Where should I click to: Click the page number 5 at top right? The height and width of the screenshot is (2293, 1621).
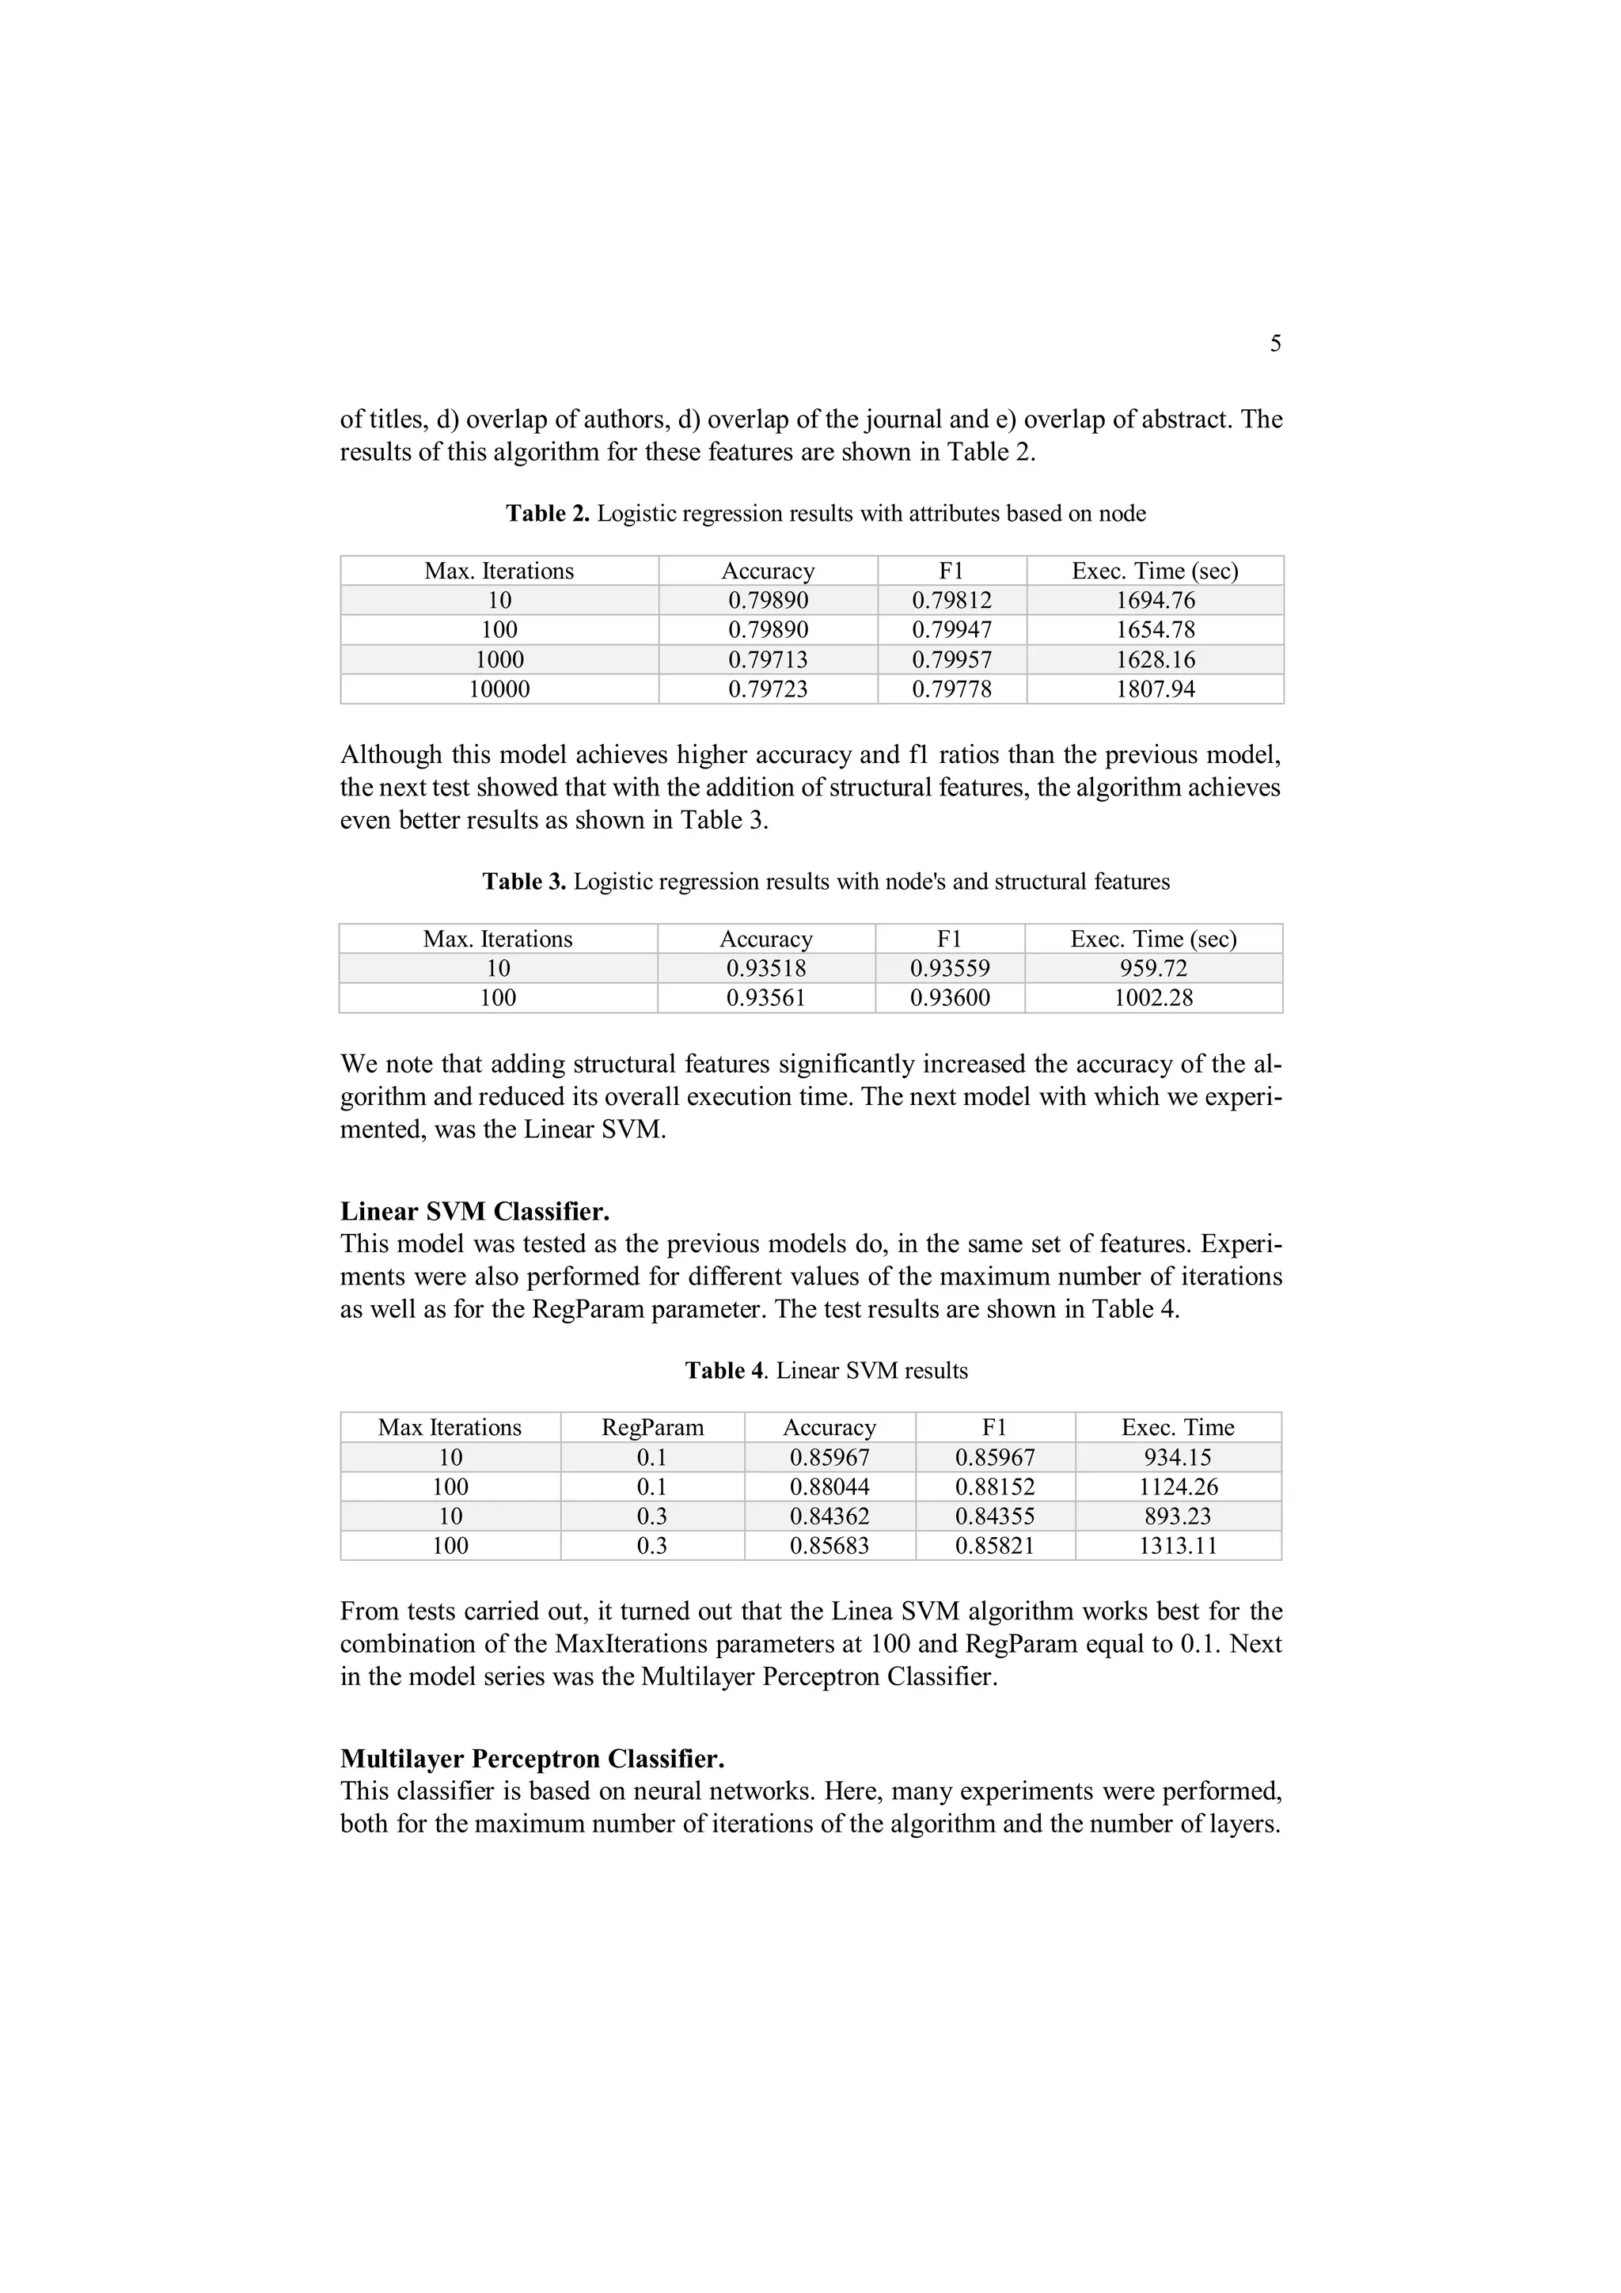[x=1275, y=344]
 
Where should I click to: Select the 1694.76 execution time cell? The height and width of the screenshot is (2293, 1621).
[x=1155, y=600]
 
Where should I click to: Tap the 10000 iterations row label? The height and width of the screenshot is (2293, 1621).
[x=499, y=689]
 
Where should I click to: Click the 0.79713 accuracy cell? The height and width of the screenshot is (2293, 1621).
[x=767, y=659]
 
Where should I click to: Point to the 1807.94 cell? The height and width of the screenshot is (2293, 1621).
[x=1155, y=689]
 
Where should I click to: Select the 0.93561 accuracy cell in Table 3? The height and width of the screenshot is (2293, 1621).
[x=765, y=997]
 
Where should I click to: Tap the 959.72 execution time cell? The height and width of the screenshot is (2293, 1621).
[x=1152, y=968]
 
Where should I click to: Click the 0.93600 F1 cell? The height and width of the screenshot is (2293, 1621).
[x=949, y=997]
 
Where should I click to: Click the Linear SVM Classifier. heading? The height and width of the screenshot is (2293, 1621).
[x=474, y=1212]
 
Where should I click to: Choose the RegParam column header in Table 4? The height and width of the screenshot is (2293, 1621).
[x=652, y=1427]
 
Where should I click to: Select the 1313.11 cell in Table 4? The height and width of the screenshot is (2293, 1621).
[x=1178, y=1545]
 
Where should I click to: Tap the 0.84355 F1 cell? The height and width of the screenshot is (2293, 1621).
[x=995, y=1516]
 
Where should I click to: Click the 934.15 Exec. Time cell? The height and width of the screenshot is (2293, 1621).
[x=1178, y=1457]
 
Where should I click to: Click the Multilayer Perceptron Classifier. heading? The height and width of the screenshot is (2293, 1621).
[x=533, y=1758]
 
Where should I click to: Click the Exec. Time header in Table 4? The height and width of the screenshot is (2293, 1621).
[x=1178, y=1427]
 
